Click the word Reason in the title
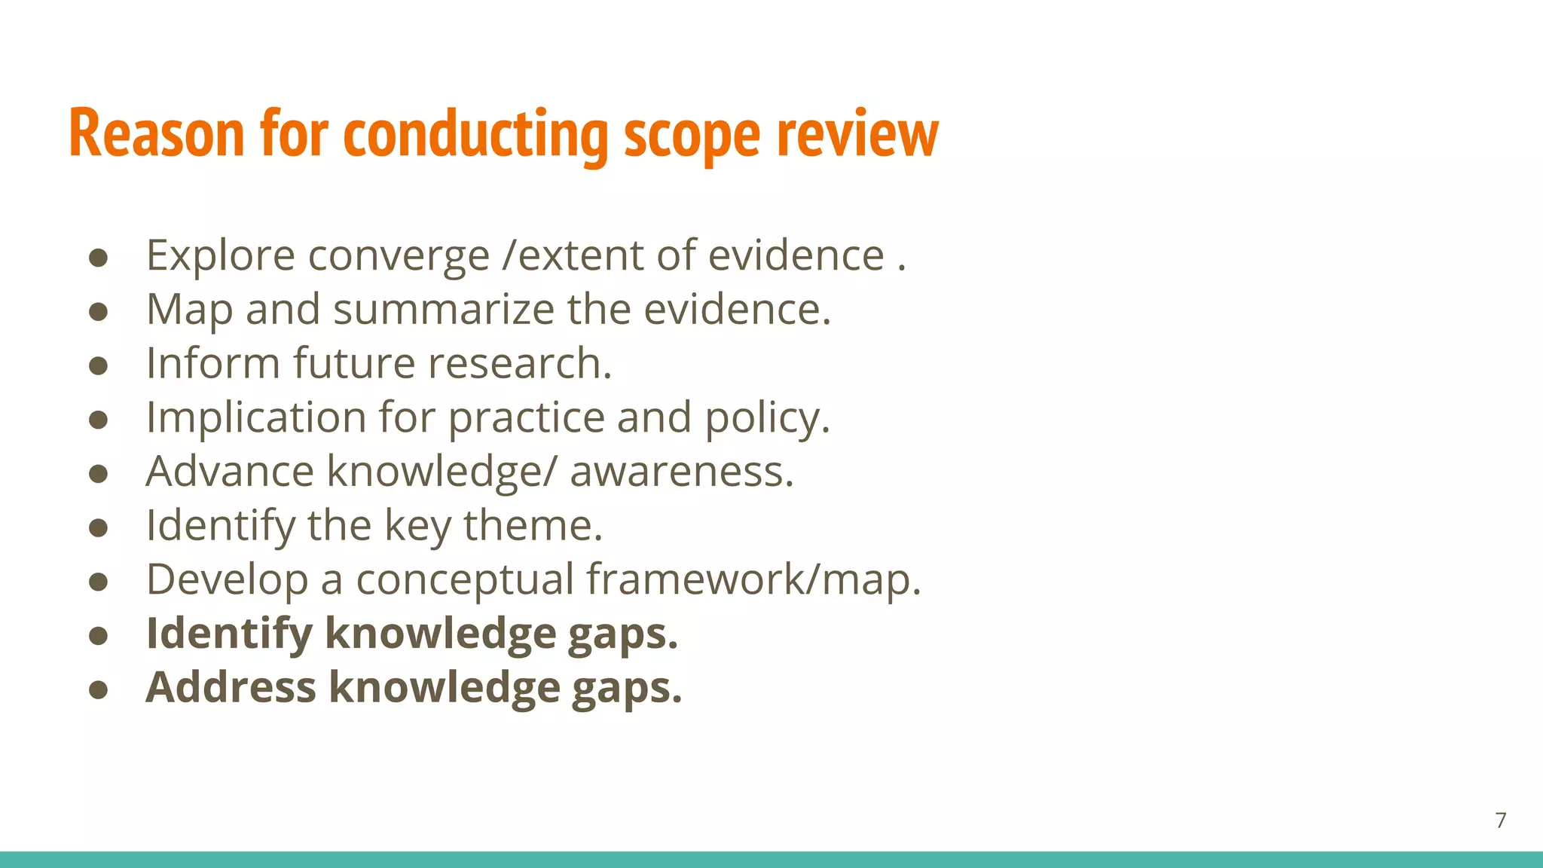[157, 134]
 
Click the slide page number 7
[1501, 820]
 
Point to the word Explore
[220, 256]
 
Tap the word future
[354, 363]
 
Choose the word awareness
[681, 472]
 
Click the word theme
[533, 525]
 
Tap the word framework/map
[753, 579]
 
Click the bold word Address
[231, 687]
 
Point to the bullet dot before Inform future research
[98, 366]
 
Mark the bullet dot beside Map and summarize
[98, 312]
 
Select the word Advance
[230, 472]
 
